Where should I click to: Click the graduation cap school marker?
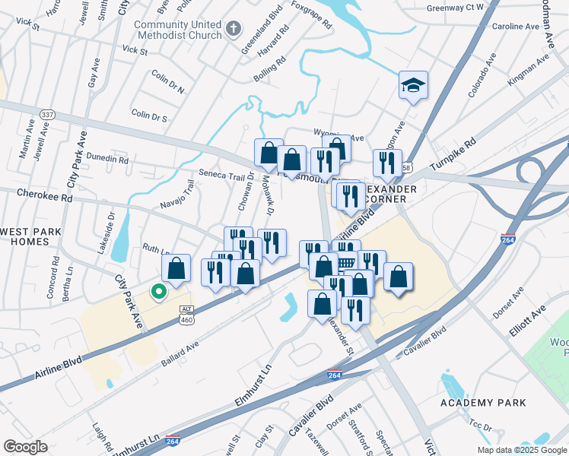(x=413, y=85)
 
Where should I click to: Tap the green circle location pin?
(x=158, y=291)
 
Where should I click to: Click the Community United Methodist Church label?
(x=178, y=30)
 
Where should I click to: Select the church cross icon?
(x=234, y=30)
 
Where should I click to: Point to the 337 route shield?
(x=47, y=114)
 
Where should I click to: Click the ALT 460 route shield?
(x=186, y=315)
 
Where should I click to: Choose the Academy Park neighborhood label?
(x=477, y=402)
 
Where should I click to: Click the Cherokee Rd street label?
(x=46, y=197)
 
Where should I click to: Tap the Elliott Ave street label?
(x=528, y=312)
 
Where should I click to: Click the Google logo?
(x=25, y=447)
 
